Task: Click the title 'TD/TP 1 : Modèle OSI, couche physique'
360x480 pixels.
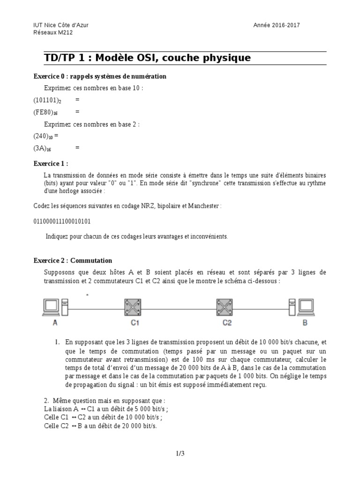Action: point(147,58)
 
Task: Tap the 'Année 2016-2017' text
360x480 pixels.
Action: point(275,25)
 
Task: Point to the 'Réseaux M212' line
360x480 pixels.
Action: point(53,33)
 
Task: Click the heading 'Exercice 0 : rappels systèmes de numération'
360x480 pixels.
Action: point(100,76)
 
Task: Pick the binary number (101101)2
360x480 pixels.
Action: point(47,100)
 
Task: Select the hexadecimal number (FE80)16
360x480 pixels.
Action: point(45,112)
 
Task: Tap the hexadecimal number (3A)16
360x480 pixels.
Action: point(42,148)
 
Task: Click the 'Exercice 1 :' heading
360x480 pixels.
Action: point(51,164)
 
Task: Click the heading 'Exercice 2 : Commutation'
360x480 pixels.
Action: point(73,261)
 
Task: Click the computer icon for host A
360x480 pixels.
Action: point(55,307)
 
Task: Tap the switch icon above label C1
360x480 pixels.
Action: point(135,307)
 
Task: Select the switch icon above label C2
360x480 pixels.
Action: point(227,307)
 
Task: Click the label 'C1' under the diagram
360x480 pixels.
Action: point(135,323)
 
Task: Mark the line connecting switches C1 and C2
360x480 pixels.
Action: point(181,307)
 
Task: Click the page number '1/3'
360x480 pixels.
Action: point(180,453)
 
